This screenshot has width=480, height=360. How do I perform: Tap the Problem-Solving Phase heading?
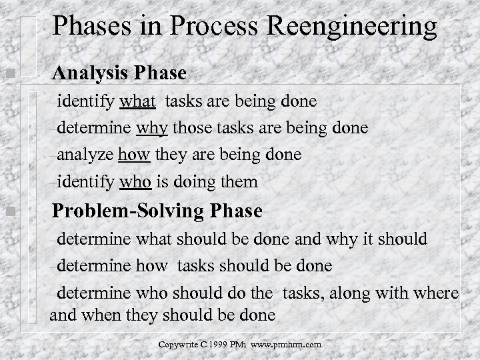coord(157,211)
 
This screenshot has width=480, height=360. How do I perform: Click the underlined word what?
coord(138,101)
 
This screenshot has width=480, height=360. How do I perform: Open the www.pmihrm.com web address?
coord(287,345)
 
